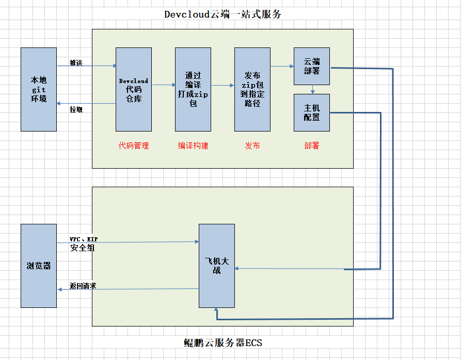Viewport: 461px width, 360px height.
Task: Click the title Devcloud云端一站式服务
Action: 222,14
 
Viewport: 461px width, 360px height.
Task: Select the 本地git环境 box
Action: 39,89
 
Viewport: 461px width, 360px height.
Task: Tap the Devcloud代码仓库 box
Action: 134,89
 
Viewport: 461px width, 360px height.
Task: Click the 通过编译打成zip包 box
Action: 193,89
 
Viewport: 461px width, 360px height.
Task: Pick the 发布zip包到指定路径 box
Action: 252,89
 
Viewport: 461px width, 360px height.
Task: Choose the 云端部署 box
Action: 312,66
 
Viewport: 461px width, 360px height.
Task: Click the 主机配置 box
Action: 312,112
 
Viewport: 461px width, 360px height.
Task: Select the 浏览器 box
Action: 39,266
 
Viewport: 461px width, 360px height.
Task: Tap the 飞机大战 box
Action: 217,266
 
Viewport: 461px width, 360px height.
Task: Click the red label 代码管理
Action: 134,146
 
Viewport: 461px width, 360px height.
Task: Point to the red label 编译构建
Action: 193,146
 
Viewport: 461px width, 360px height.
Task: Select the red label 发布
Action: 252,146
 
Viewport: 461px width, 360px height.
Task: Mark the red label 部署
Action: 312,146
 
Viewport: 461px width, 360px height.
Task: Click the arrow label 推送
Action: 76,62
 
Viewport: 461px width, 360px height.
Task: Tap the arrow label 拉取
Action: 76,109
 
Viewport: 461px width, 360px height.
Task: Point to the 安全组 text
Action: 83,248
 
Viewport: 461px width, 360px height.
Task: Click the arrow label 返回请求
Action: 83,285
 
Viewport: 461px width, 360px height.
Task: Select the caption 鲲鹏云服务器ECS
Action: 222,342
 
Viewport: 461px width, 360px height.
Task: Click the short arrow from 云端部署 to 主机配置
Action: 312,90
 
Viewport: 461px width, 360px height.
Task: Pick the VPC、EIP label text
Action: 84,239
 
